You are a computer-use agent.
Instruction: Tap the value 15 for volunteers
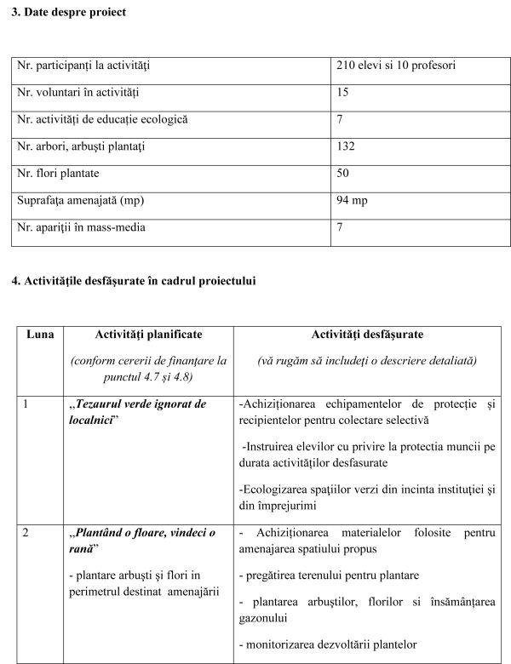click(x=343, y=92)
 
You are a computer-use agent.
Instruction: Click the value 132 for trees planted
click(x=346, y=146)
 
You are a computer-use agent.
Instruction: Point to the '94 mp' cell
click(x=353, y=201)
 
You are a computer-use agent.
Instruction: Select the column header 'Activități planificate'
click(x=148, y=335)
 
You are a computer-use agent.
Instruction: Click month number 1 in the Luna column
click(x=26, y=404)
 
